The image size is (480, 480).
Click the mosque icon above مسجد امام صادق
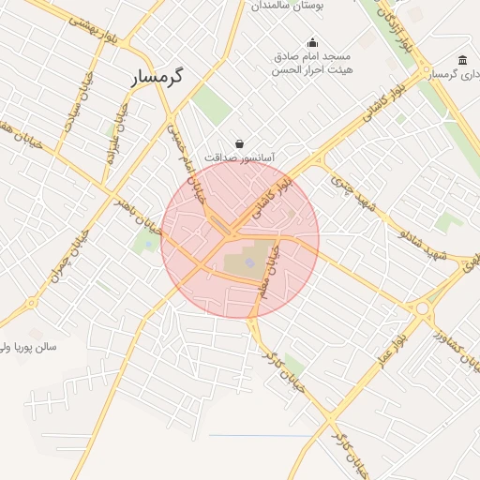pos(312,42)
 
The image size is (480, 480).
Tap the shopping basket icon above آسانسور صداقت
pos(241,143)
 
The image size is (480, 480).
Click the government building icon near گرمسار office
pos(463,60)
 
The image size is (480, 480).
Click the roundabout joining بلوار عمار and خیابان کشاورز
pos(422,307)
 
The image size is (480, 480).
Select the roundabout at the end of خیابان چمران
pos(32,302)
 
